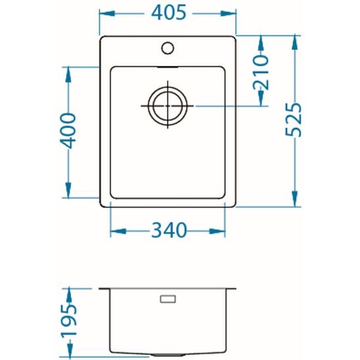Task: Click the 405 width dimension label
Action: coord(168,12)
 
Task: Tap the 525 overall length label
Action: coord(293,120)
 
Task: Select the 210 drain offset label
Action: coord(261,72)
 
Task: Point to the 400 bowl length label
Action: coord(68,131)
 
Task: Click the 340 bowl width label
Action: coord(169,230)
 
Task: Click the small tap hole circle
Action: coord(168,48)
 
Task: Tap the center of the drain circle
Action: coord(168,106)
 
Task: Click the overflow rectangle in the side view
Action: coord(168,299)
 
